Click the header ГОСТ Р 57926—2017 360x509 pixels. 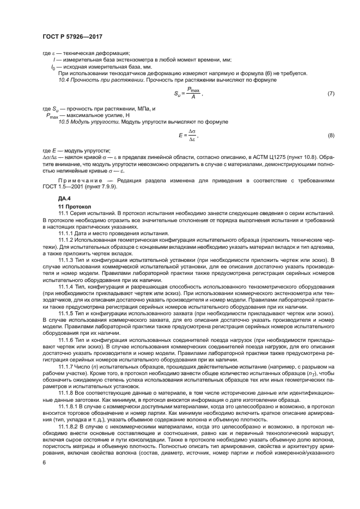click(x=72, y=36)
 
